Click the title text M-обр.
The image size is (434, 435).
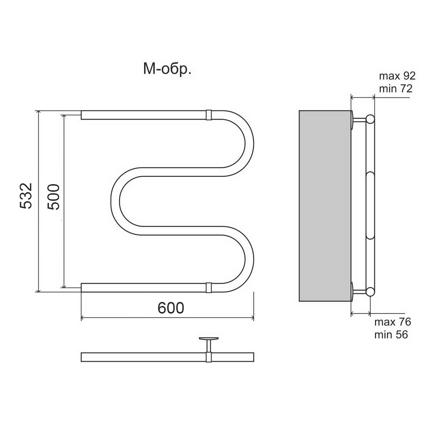pyautogui.click(x=167, y=69)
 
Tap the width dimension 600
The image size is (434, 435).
pyautogui.click(x=171, y=308)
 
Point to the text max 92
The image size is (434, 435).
pyautogui.click(x=397, y=76)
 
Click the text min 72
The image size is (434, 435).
pyautogui.click(x=396, y=88)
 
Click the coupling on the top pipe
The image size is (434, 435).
pyautogui.click(x=209, y=115)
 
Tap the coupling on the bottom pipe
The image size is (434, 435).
pyautogui.click(x=209, y=287)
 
